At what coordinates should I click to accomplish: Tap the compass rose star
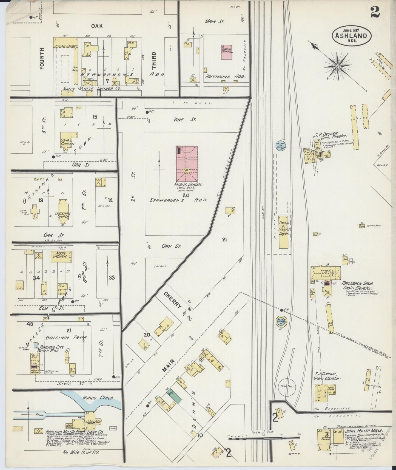coord(338,66)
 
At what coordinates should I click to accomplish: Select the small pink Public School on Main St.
coord(227,52)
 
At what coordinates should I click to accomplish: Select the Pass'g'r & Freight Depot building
coord(284,232)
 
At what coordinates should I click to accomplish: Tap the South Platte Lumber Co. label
coord(91,89)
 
